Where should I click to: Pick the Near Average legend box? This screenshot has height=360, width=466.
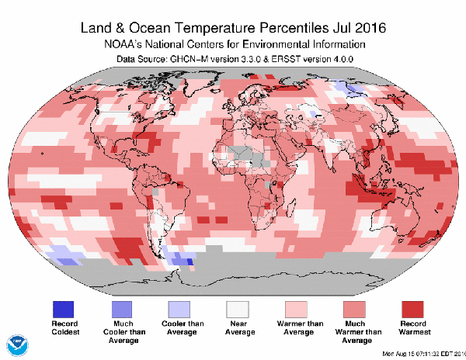(240, 309)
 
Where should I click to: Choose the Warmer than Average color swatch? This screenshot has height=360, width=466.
(298, 309)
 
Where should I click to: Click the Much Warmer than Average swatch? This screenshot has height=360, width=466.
(356, 309)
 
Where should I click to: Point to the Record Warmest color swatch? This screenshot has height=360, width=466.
(415, 309)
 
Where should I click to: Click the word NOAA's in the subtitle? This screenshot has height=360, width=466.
(125, 45)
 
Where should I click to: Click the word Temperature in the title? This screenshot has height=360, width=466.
(212, 28)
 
